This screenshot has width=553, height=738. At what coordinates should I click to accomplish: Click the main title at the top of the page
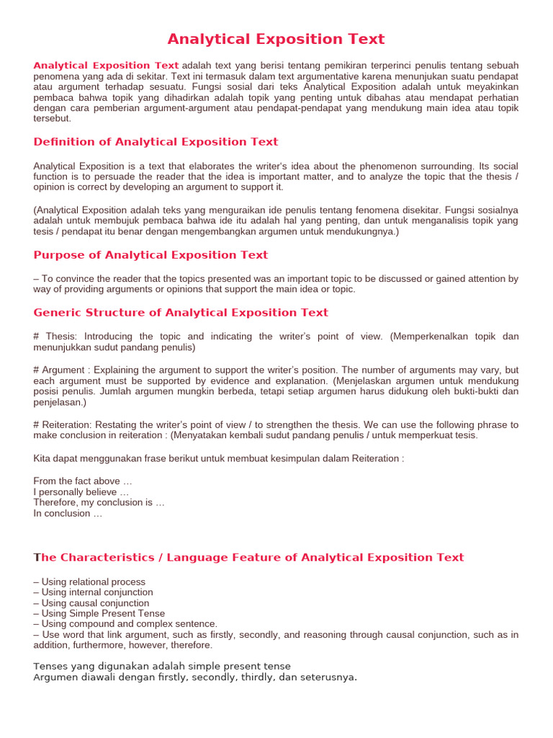[276, 39]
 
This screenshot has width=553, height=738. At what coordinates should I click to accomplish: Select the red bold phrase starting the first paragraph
[106, 66]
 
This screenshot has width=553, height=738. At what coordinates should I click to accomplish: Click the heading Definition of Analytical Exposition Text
[156, 142]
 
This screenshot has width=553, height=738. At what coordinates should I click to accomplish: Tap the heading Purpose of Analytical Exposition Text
[150, 255]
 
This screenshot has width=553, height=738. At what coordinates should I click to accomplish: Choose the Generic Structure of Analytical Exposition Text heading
[181, 313]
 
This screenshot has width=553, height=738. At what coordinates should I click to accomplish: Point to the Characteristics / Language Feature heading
[248, 558]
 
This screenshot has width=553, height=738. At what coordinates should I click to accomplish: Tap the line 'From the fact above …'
[83, 481]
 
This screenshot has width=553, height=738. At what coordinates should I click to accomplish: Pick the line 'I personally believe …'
[81, 492]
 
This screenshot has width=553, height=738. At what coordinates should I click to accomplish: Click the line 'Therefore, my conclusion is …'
[99, 502]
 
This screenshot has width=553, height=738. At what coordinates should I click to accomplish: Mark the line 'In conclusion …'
[68, 513]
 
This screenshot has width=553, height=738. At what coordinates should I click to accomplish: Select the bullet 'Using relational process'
[89, 582]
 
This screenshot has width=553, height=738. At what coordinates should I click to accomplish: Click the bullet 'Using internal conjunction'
[93, 592]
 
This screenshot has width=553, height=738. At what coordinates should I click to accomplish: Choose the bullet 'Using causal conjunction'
[91, 603]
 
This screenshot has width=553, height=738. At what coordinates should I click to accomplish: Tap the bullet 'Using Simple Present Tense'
[99, 613]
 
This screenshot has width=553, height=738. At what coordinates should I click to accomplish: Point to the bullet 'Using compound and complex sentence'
[125, 624]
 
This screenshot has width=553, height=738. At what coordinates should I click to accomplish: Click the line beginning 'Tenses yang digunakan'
[162, 666]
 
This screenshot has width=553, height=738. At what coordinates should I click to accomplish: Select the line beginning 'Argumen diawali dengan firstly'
[195, 677]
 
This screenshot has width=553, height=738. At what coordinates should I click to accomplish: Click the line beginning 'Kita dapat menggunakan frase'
[219, 458]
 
